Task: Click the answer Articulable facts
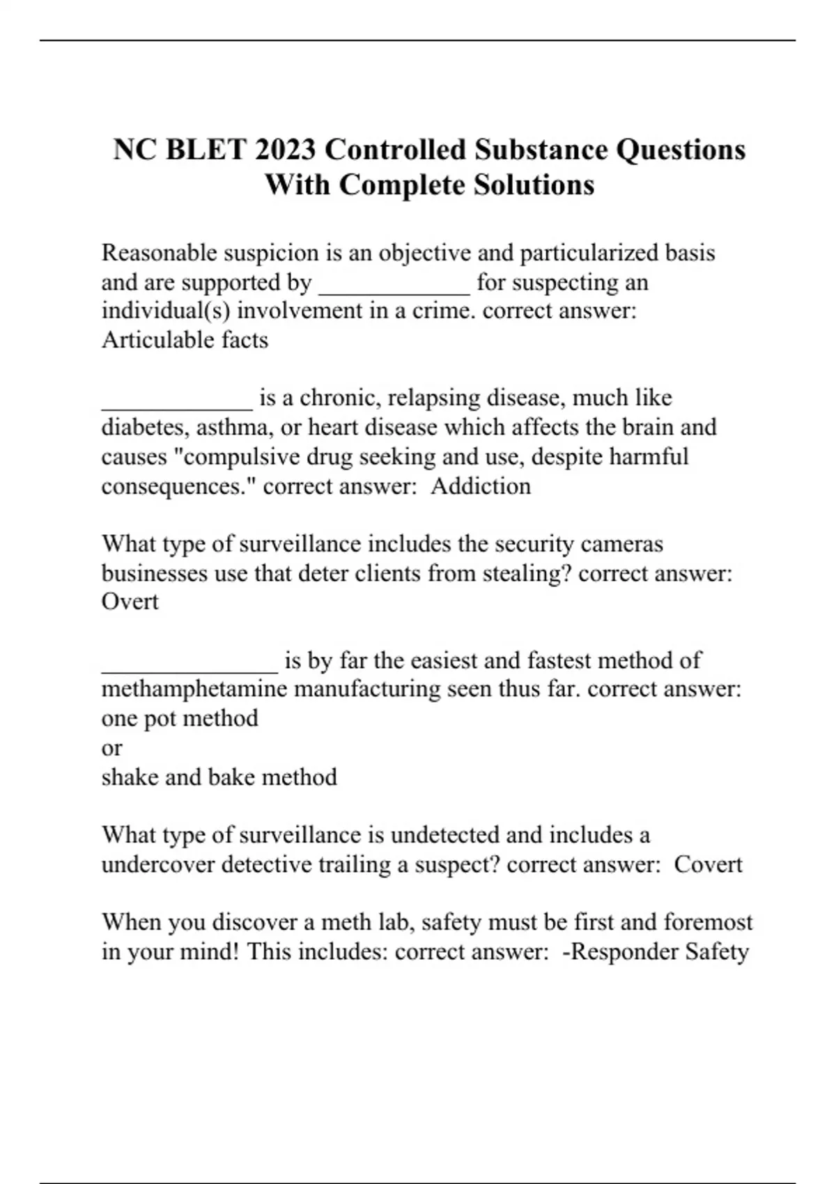pyautogui.click(x=185, y=340)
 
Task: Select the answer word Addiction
pyautogui.click(x=481, y=485)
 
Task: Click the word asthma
pyautogui.click(x=234, y=427)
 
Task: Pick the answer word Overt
pyautogui.click(x=130, y=602)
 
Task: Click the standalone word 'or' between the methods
pyautogui.click(x=111, y=749)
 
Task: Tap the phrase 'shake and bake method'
pyautogui.click(x=219, y=777)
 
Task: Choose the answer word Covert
pyautogui.click(x=709, y=864)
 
